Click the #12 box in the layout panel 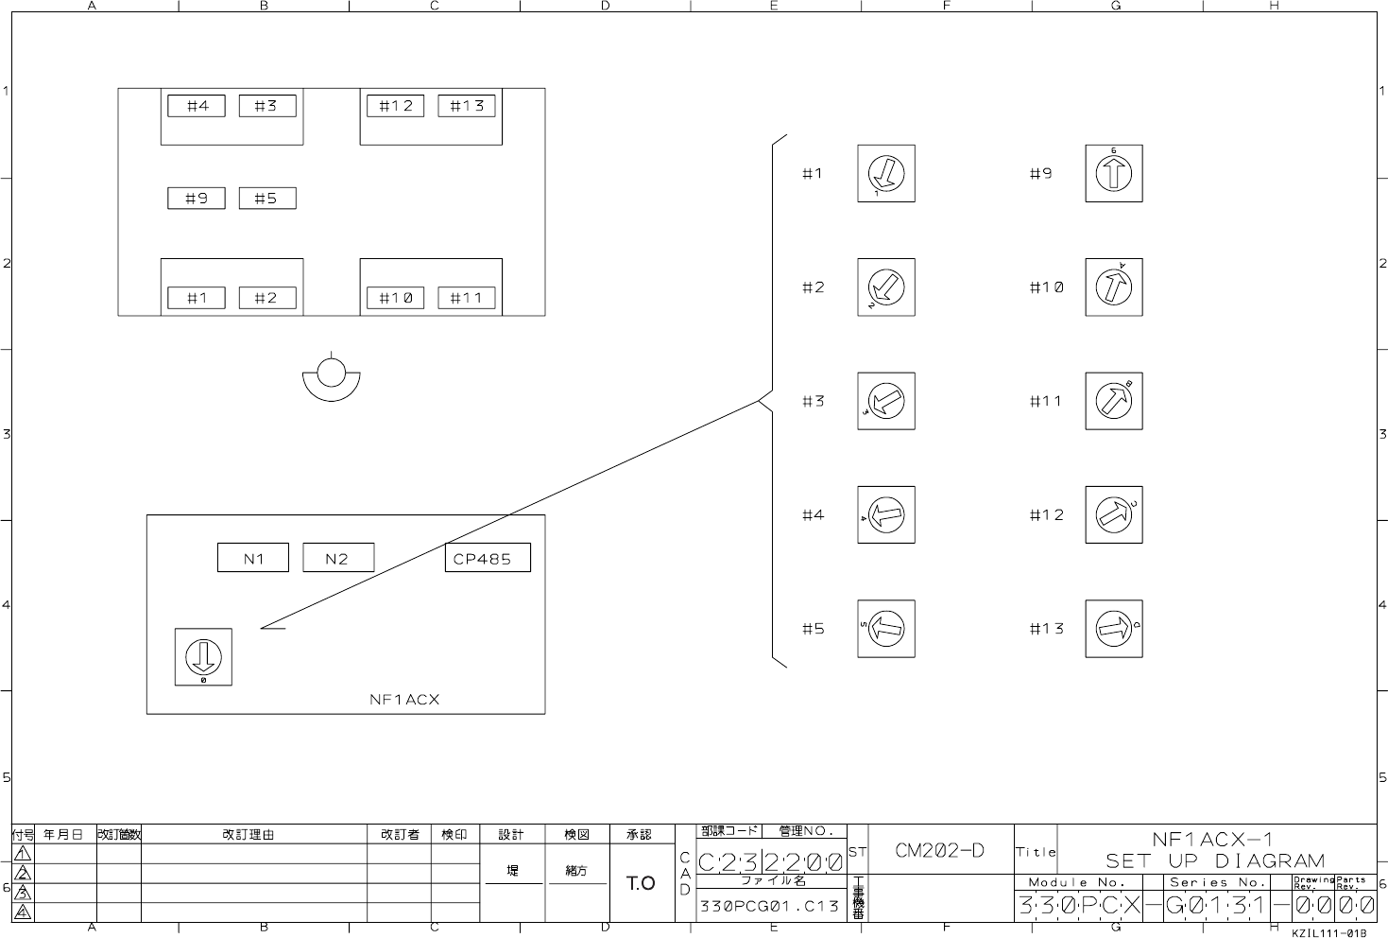(x=395, y=106)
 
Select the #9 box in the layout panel (x=197, y=199)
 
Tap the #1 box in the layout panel (x=197, y=298)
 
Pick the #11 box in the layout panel (x=466, y=298)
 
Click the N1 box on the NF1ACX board (x=253, y=558)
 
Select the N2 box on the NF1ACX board (x=337, y=558)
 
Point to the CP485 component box (x=488, y=558)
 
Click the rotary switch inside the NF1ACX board (x=203, y=656)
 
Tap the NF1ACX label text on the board (x=404, y=700)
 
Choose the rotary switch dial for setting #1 (x=886, y=173)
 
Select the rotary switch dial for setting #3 (x=886, y=401)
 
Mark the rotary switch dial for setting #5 (x=886, y=629)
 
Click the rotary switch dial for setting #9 (x=1113, y=173)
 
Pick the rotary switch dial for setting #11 (x=1113, y=401)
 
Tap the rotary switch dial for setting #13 (x=1113, y=629)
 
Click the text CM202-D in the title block (x=939, y=850)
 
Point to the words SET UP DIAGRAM (x=1215, y=860)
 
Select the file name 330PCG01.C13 (x=769, y=906)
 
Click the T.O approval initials (x=641, y=883)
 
